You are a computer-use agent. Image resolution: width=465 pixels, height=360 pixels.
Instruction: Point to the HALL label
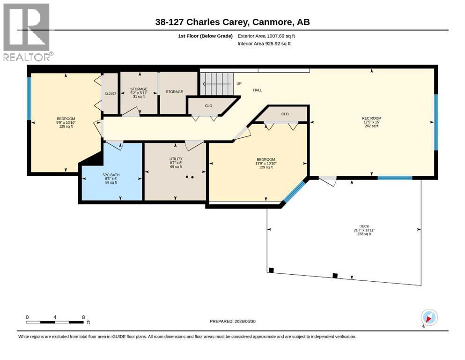click(258, 90)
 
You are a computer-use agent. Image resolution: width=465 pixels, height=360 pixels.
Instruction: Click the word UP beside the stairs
click(239, 83)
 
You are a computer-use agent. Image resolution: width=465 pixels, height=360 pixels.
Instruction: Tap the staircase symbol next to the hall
click(216, 84)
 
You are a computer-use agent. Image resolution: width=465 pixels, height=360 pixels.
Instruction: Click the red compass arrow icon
click(428, 318)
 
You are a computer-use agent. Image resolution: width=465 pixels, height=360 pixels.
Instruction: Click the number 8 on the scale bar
click(83, 317)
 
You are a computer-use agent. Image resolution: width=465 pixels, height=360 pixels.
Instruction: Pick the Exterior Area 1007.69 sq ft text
click(266, 36)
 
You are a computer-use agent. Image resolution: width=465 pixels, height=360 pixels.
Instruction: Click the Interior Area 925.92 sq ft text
click(264, 43)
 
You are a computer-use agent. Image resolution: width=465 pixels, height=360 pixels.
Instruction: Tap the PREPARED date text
click(232, 321)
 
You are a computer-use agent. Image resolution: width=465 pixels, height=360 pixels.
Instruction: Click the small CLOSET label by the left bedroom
click(111, 93)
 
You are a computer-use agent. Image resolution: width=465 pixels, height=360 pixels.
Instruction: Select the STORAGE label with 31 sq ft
click(139, 93)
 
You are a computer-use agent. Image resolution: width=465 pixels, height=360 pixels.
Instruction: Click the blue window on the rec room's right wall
click(436, 122)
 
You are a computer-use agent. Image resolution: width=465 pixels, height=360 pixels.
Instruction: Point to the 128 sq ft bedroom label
click(66, 122)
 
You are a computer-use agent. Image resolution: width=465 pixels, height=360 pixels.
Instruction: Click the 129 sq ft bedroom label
click(266, 163)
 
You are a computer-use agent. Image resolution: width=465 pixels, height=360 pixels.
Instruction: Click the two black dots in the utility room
click(190, 177)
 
